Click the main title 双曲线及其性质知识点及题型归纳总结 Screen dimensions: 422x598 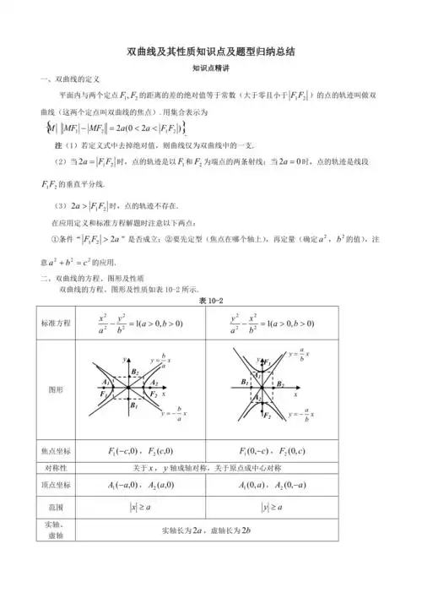211,52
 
